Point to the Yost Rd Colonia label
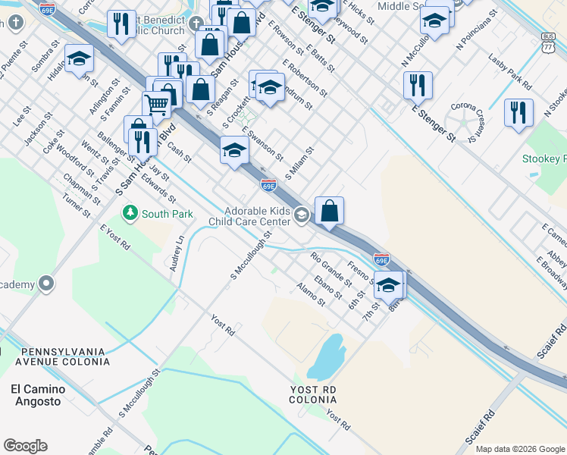(x=312, y=394)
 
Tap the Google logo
(x=25, y=446)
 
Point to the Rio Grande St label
(x=331, y=269)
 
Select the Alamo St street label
(x=311, y=294)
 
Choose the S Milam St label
(x=299, y=164)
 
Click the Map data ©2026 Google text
(x=519, y=449)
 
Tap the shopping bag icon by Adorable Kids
(x=330, y=210)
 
